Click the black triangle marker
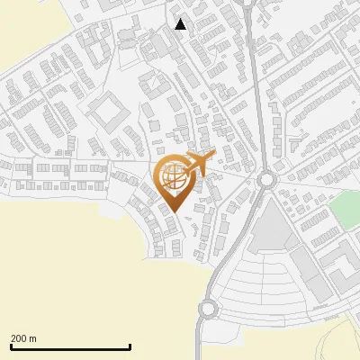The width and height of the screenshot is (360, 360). [181, 24]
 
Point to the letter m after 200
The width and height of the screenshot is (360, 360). [33, 338]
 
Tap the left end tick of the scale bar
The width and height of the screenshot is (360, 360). [11, 346]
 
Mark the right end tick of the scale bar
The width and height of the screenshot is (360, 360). [130, 346]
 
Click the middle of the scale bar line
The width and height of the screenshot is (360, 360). [70, 347]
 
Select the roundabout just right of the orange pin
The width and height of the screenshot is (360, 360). [266, 179]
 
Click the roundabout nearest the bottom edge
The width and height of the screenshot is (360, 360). [209, 309]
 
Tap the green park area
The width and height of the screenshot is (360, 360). [343, 211]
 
